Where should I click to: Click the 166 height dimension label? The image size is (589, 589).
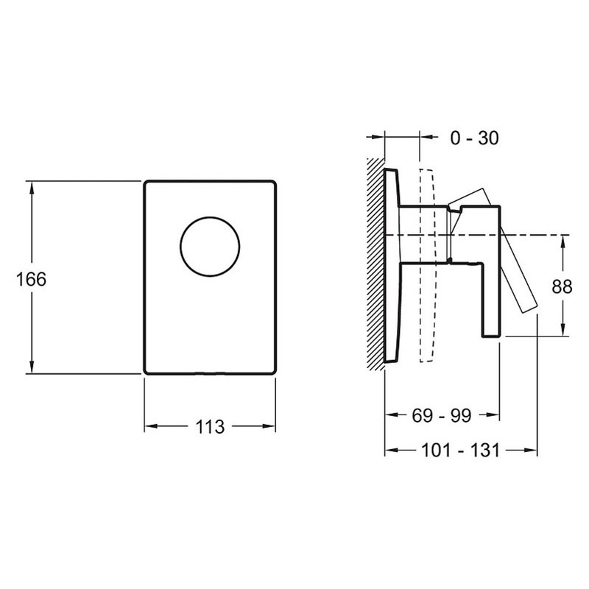coord(31,279)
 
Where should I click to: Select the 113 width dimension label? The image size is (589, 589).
coord(210,427)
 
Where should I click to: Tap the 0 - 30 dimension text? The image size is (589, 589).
coord(474,138)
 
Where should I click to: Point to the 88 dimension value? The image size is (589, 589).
coord(562,286)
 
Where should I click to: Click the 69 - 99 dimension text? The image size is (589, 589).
coord(441,415)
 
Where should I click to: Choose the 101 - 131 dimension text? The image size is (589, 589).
coord(461,450)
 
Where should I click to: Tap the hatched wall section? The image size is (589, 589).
coord(375,264)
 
